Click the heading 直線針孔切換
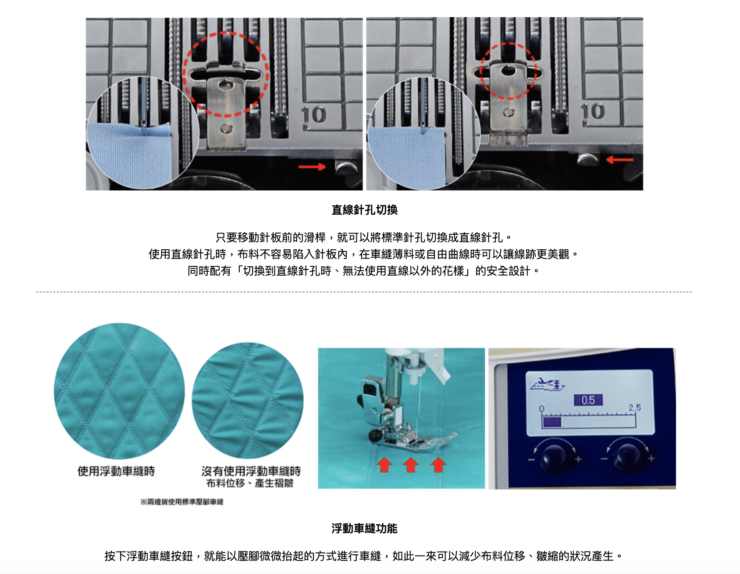(x=364, y=210)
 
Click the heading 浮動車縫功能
(x=364, y=528)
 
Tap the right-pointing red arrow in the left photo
(x=312, y=167)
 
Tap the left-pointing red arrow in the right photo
(x=619, y=160)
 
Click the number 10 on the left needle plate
(x=314, y=115)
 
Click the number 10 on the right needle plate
(x=593, y=112)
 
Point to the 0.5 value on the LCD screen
(x=588, y=400)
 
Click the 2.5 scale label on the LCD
(x=634, y=408)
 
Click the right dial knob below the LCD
(x=627, y=456)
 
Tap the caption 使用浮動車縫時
(x=116, y=471)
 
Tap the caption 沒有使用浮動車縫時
(x=251, y=471)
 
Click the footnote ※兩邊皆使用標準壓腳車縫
(x=181, y=502)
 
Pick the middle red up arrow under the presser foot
(x=411, y=464)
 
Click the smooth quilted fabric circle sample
(x=119, y=391)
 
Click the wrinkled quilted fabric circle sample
(x=248, y=400)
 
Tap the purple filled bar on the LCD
(x=552, y=422)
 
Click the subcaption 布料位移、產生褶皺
(x=249, y=483)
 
